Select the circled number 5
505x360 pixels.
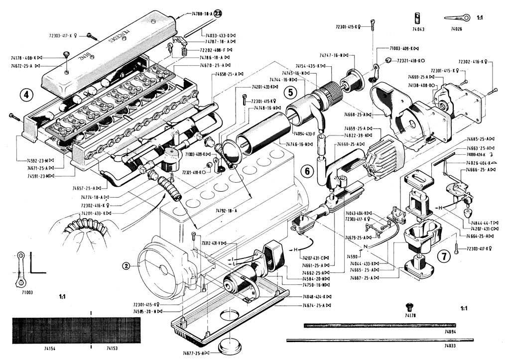(x=290, y=91)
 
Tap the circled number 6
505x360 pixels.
(x=307, y=171)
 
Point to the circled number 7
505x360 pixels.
(x=443, y=256)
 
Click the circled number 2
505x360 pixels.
(x=127, y=265)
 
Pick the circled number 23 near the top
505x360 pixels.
(x=218, y=14)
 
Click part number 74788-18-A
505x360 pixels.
(x=202, y=14)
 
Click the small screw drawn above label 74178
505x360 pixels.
(x=410, y=305)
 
